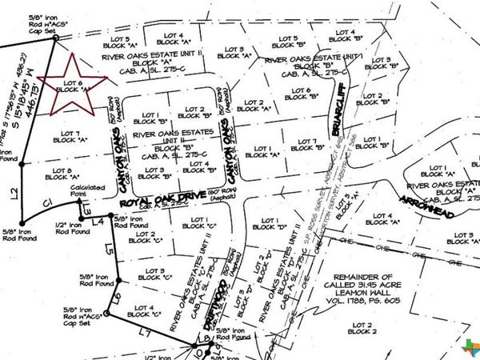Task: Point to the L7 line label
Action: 144,330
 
